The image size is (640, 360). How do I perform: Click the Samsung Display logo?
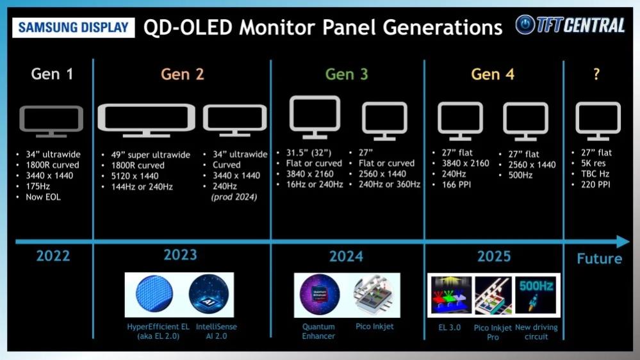click(74, 28)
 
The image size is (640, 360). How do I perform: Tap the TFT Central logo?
click(570, 25)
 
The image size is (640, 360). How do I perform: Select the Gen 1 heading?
click(52, 74)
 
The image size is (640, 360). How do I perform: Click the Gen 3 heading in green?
click(346, 74)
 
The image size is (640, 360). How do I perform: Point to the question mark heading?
click(596, 74)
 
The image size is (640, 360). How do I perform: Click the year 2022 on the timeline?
click(53, 256)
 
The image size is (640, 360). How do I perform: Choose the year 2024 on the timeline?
click(346, 256)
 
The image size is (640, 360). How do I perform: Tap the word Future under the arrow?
click(599, 259)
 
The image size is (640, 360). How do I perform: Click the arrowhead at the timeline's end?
click(623, 242)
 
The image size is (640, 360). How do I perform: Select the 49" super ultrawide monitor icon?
click(146, 120)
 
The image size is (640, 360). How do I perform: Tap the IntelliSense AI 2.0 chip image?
click(209, 295)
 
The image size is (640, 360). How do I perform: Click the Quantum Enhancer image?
click(319, 295)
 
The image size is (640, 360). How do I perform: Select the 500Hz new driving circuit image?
click(537, 294)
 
